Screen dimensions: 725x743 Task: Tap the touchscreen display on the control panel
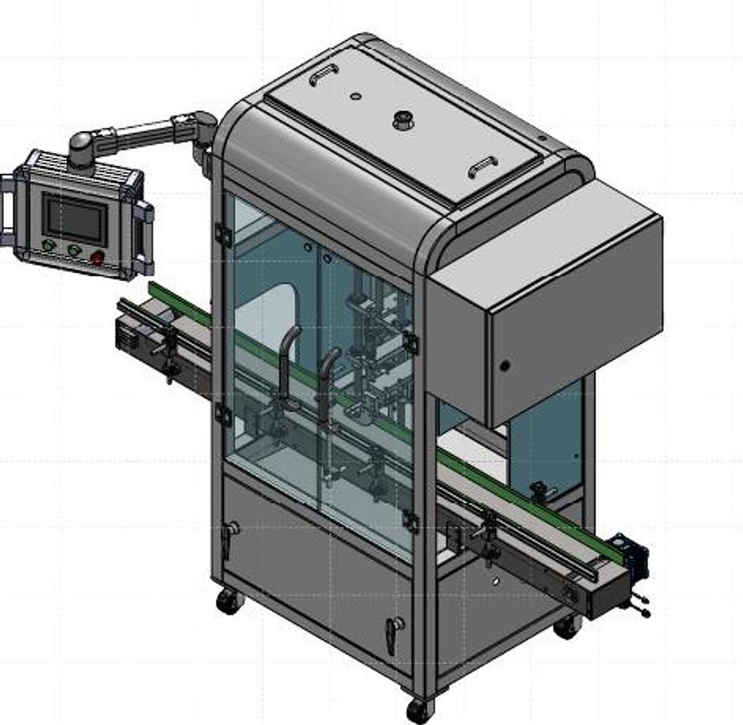[75, 219]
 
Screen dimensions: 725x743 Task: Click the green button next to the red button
[75, 251]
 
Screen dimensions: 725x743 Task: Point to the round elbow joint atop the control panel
[81, 147]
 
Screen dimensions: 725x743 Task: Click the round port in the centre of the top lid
[400, 121]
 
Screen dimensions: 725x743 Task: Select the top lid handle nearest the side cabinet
[482, 166]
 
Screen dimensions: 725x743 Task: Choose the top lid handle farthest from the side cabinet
[321, 75]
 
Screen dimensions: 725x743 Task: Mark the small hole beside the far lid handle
[355, 97]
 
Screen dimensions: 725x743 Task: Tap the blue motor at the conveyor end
[631, 557]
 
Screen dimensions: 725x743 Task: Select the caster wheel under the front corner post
[419, 709]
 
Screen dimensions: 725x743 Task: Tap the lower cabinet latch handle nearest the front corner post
[393, 633]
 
